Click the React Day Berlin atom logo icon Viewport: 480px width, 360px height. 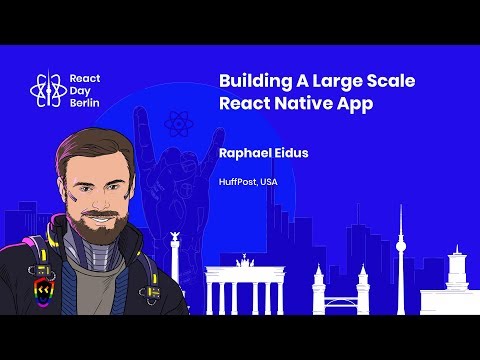(x=45, y=92)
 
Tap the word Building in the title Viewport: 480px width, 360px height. (x=251, y=82)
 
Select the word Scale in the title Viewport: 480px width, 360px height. (x=390, y=82)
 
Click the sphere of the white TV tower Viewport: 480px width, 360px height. (x=401, y=246)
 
